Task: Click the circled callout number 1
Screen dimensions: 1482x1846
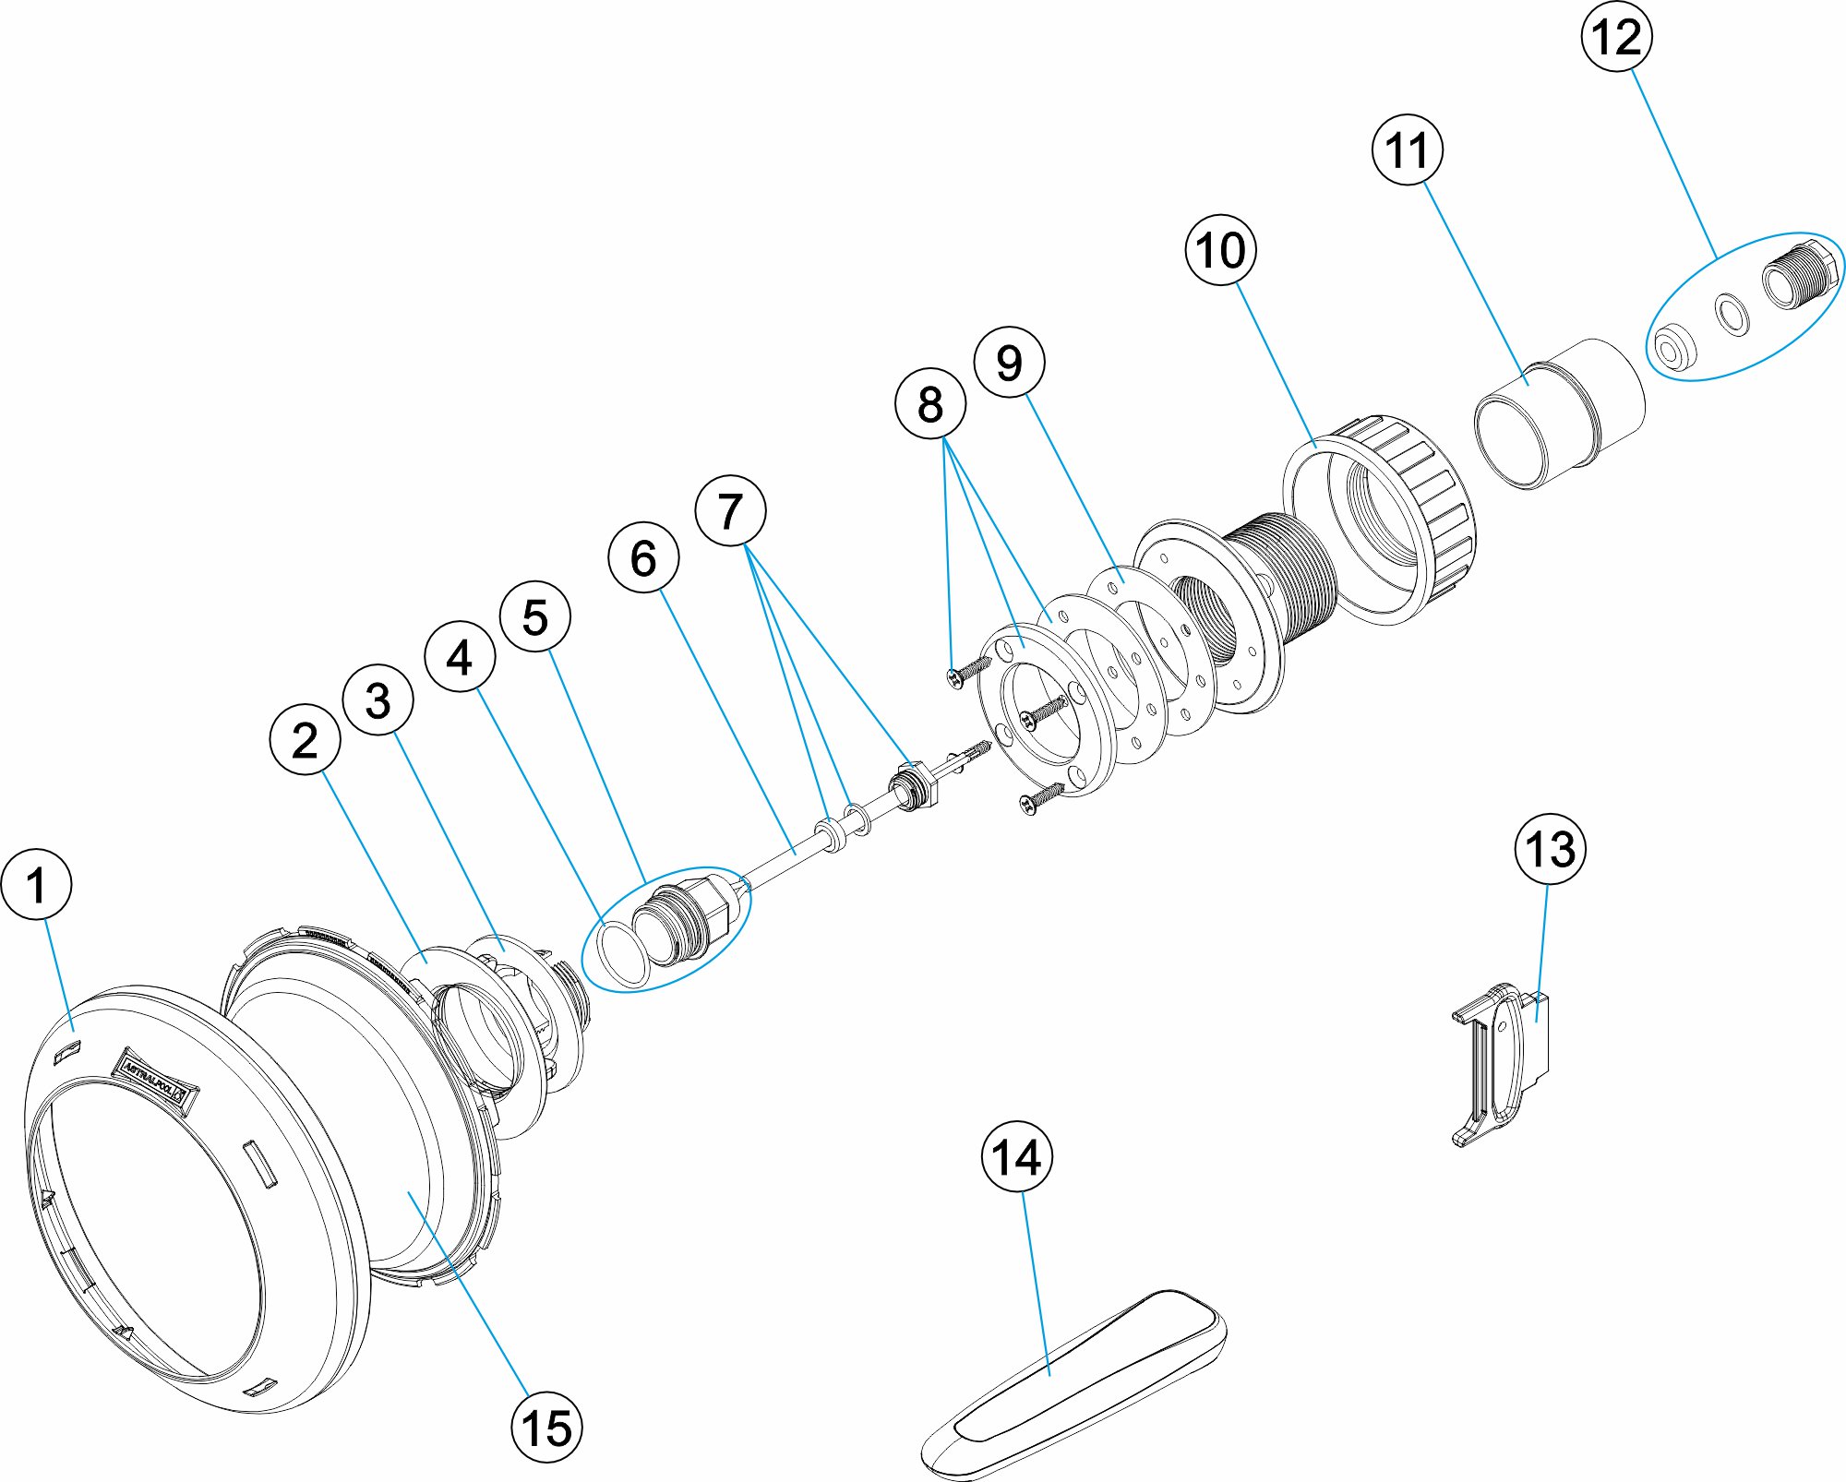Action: (37, 885)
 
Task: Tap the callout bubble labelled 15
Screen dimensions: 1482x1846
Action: (547, 1427)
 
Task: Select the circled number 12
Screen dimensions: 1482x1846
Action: (1616, 38)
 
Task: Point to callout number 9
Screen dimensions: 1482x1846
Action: (1010, 362)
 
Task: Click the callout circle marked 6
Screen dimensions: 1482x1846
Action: (643, 558)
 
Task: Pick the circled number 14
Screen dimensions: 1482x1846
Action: (1016, 1156)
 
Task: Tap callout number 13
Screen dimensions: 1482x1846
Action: (1551, 849)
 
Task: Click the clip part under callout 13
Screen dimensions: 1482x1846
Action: (1500, 1061)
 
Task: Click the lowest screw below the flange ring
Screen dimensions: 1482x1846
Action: (1040, 799)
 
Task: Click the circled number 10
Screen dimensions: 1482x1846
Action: (1220, 250)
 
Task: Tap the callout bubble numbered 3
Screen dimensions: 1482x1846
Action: (378, 700)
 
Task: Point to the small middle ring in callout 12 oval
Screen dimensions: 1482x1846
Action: (1732, 314)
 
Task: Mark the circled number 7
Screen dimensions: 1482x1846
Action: (730, 511)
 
